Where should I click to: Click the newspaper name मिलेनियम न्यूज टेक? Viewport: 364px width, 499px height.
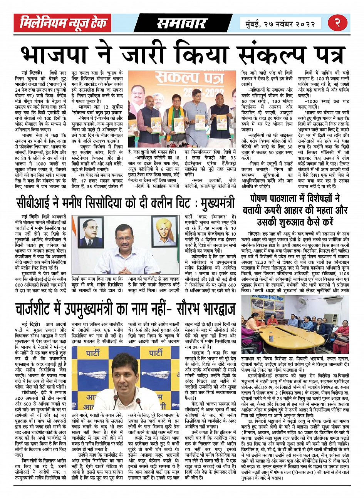point(64,23)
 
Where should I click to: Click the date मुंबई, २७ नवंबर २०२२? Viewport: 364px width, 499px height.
point(280,24)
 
